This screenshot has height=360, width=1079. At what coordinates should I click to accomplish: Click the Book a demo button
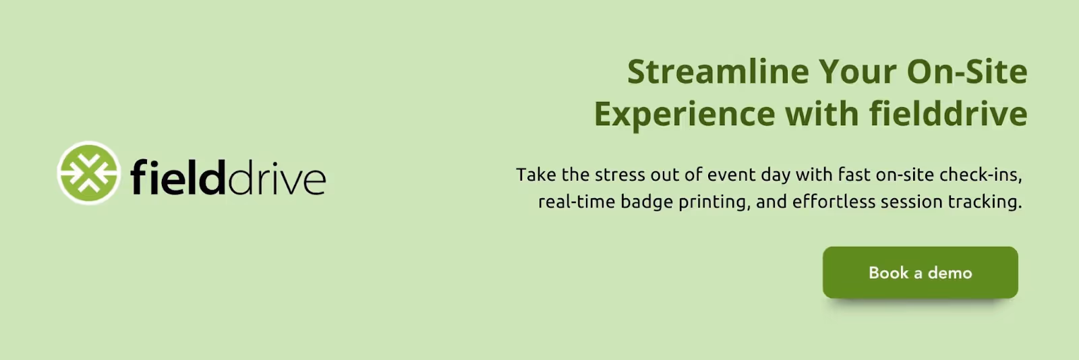pos(920,272)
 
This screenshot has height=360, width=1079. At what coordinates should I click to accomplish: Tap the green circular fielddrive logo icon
pos(88,173)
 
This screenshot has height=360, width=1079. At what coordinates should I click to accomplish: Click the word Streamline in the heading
pos(718,71)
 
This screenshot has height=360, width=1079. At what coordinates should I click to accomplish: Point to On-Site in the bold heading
pos(967,71)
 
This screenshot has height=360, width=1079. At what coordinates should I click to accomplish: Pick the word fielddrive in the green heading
pos(948,113)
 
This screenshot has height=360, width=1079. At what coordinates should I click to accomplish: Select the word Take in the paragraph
pos(536,175)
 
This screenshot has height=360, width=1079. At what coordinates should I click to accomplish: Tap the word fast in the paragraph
pos(854,175)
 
